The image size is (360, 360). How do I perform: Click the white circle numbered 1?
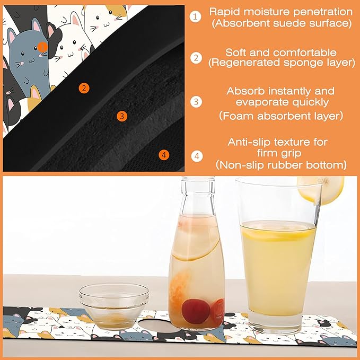coord(196,16)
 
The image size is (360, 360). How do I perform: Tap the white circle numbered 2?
coord(196,57)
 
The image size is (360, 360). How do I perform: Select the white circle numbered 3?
coord(196,101)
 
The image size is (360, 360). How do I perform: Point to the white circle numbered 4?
coord(196,156)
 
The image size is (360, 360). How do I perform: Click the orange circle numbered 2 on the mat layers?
coord(83,88)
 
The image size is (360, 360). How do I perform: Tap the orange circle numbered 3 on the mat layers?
coord(122,115)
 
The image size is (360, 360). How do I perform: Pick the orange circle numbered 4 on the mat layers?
coord(164,155)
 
